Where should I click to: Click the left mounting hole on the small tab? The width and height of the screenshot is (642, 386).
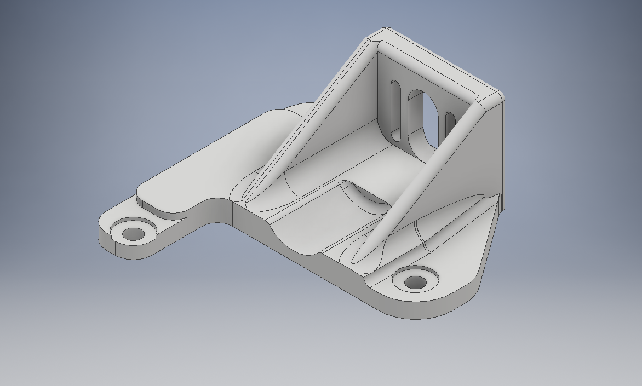coord(133,234)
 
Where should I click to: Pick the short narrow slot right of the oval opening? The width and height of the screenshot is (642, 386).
coord(450,125)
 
